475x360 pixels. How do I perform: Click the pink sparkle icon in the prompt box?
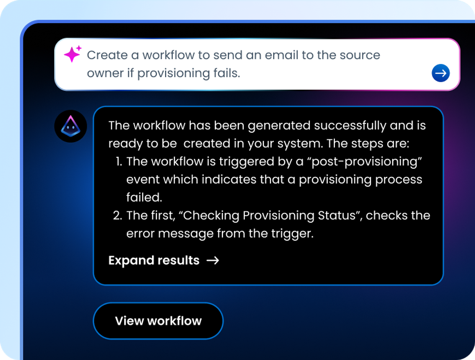coord(72,54)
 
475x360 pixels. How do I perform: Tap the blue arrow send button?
coord(441,73)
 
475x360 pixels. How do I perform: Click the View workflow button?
coord(158,321)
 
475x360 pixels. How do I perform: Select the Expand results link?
coord(154,261)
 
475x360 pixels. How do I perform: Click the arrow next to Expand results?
coord(213,261)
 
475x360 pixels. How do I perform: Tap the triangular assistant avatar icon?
coord(70,126)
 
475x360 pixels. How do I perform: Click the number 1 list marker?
coord(119,162)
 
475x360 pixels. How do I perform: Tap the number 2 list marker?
coord(118,216)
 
